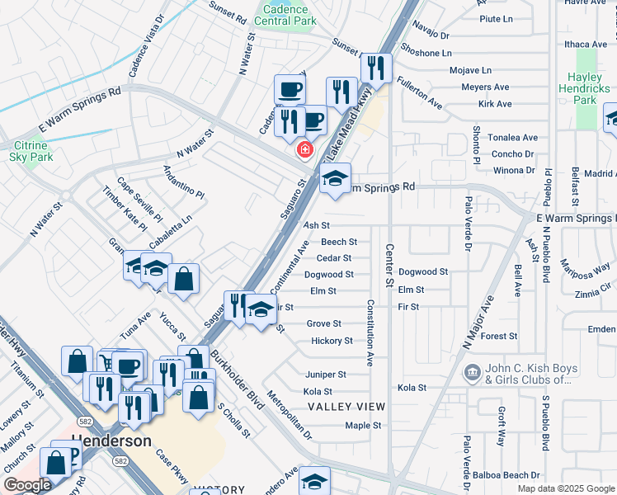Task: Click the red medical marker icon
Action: click(x=304, y=149)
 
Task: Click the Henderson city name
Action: click(x=111, y=441)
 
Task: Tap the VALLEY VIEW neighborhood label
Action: click(x=346, y=407)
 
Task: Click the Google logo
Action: click(x=26, y=485)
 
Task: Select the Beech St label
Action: click(x=339, y=242)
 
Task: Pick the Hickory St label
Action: click(x=332, y=341)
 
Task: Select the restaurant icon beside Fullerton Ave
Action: click(x=377, y=68)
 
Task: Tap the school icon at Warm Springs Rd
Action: click(x=335, y=178)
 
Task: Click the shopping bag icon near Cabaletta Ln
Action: click(x=183, y=278)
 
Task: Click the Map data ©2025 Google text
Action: click(x=565, y=488)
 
